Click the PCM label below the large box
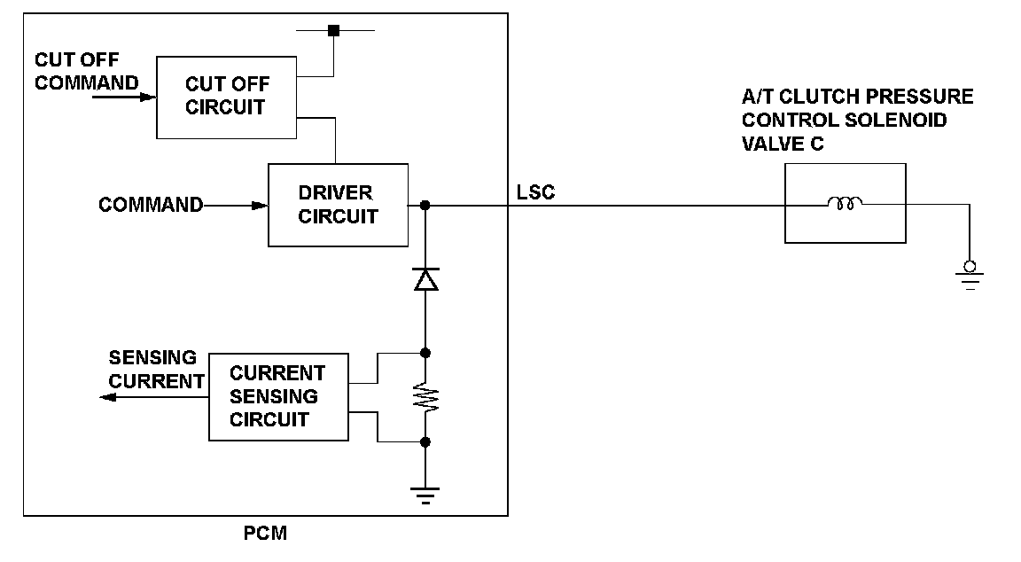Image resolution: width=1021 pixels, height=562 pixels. tap(265, 534)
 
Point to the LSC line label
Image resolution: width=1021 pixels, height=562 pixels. tap(535, 192)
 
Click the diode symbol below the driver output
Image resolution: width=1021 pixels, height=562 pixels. tap(425, 278)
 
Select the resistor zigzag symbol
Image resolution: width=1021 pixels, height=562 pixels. tap(425, 397)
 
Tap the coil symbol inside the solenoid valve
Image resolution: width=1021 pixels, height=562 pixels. tap(845, 203)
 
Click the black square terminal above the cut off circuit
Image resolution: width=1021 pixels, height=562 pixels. tap(334, 31)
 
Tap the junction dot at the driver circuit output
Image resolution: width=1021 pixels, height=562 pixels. tap(425, 205)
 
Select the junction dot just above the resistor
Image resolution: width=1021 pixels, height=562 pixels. tap(425, 353)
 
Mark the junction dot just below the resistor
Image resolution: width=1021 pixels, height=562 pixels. tap(425, 442)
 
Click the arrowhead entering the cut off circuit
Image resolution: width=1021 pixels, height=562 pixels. tap(149, 98)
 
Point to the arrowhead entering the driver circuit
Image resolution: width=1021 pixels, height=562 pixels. tap(260, 206)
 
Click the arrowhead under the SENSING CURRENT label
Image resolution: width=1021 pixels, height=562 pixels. tap(107, 397)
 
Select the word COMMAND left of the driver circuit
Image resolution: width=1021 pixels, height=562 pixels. tap(151, 205)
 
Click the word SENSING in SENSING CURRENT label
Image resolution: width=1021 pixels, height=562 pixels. tap(152, 357)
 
